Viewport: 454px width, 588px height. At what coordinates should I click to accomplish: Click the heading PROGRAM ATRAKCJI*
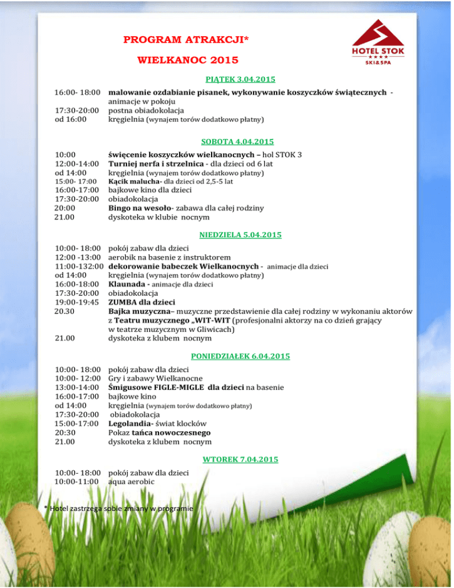click(x=186, y=40)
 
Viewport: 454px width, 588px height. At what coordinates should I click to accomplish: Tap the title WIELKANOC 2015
click(x=188, y=60)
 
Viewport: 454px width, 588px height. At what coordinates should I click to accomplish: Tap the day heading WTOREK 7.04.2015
click(x=241, y=459)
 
